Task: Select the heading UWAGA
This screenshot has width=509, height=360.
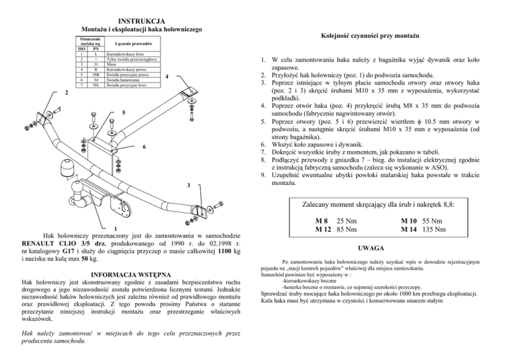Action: pyautogui.click(x=381, y=248)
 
